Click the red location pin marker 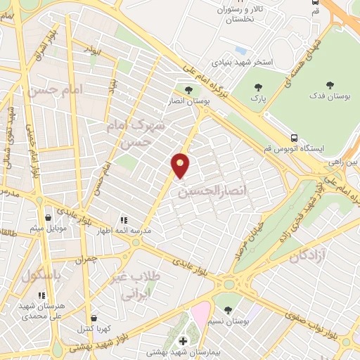pos(181,165)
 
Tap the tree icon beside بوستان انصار pos(188,89)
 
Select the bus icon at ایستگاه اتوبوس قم pos(293,138)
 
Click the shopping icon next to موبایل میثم pos(47,218)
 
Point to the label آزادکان pos(306,254)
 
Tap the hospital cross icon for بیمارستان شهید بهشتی pos(184,341)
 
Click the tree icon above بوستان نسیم pos(226,309)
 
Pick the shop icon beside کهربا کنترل pos(94,318)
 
